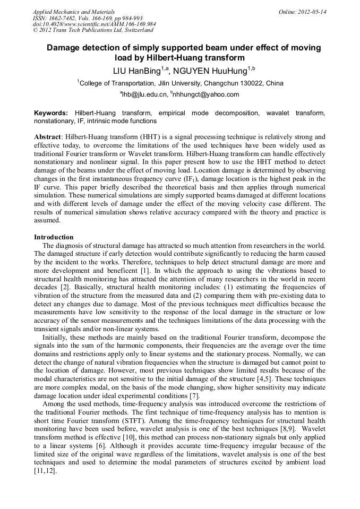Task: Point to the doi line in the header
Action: tap(94, 24)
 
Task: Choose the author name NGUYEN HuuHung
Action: tap(211, 71)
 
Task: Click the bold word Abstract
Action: tap(48, 136)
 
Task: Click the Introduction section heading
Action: tap(54, 237)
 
